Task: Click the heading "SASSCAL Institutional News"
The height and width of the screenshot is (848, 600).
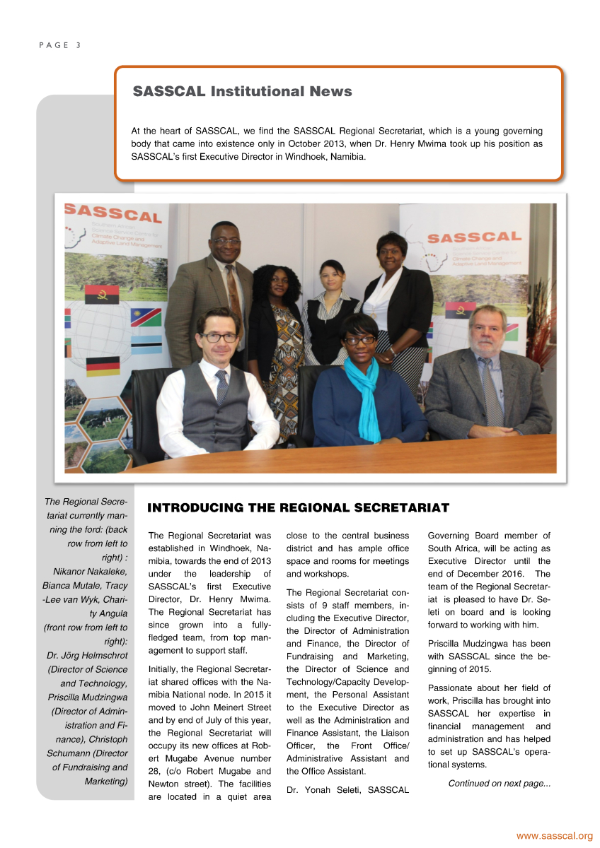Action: pos(243,92)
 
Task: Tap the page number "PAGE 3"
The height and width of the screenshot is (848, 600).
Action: pos(60,45)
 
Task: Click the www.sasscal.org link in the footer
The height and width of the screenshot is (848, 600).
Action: pos(554,836)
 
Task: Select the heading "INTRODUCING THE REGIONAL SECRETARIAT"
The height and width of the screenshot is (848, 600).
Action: pos(298,508)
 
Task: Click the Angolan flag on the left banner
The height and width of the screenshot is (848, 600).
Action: pos(101,294)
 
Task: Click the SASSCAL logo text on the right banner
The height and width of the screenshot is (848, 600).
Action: pos(485,237)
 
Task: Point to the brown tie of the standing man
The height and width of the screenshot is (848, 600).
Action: pos(233,291)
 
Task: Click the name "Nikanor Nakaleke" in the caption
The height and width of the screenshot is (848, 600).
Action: pos(90,571)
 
